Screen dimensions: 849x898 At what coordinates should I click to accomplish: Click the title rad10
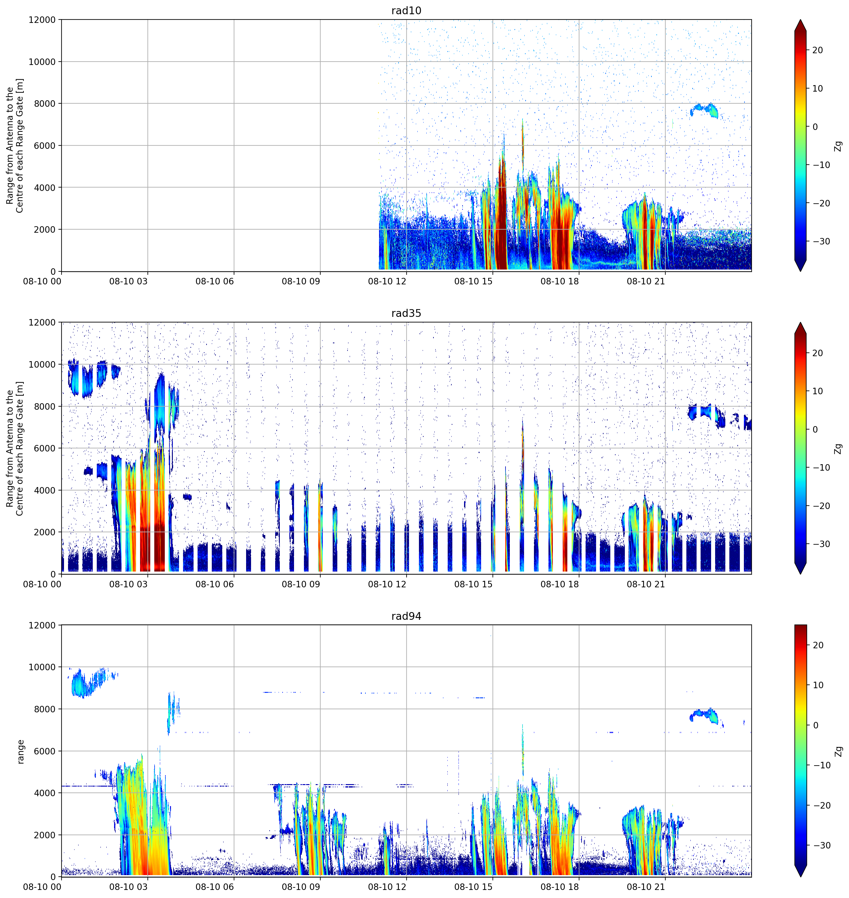pos(406,11)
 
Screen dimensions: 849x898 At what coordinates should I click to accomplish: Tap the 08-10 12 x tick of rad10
pos(387,281)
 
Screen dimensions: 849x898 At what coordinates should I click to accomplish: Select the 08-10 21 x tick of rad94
pos(646,887)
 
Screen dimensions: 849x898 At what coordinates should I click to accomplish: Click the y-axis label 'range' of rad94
pos(20,751)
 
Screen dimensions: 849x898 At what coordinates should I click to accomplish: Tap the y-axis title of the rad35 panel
pos(15,448)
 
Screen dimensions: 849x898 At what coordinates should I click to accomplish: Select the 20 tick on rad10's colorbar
pos(817,50)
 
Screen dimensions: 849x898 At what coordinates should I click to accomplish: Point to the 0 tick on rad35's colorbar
pos(815,429)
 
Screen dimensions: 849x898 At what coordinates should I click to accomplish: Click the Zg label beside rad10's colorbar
pos(838,146)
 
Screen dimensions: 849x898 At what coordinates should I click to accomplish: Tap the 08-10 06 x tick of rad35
pos(215,584)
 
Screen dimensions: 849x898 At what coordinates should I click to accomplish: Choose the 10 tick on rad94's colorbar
pos(817,685)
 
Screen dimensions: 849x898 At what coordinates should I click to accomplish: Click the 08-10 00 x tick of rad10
pos(42,281)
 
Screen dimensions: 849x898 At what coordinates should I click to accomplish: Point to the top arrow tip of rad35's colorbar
pos(800,323)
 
